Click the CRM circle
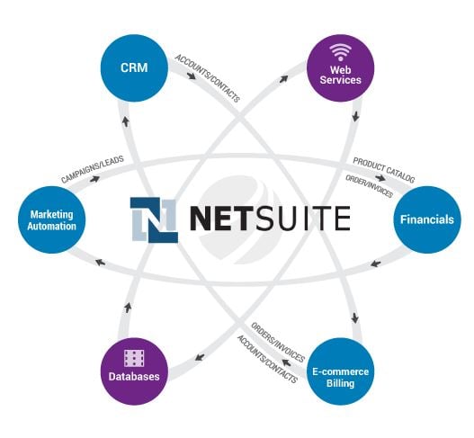pyautogui.click(x=134, y=68)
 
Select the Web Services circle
pyautogui.click(x=340, y=68)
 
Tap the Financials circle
pyautogui.click(x=427, y=219)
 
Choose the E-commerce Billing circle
pyautogui.click(x=340, y=371)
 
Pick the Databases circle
pyautogui.click(x=134, y=371)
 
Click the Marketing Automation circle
pyautogui.click(x=51, y=219)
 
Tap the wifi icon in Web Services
pyautogui.click(x=340, y=52)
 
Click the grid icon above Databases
pyautogui.click(x=134, y=358)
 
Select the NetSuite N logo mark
pyautogui.click(x=154, y=220)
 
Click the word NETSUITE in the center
pyautogui.click(x=270, y=219)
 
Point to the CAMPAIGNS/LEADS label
pyautogui.click(x=93, y=169)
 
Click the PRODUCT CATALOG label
pyautogui.click(x=384, y=170)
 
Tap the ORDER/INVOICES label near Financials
pyautogui.click(x=369, y=186)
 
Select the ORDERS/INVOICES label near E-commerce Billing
pyautogui.click(x=278, y=343)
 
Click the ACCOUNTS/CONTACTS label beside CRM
pyautogui.click(x=208, y=78)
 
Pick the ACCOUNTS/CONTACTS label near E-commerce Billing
pyautogui.click(x=267, y=359)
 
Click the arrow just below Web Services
pyautogui.click(x=356, y=116)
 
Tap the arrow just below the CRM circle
pyautogui.click(x=126, y=121)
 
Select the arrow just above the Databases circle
pyautogui.click(x=128, y=308)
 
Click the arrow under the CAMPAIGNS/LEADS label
pyautogui.click(x=94, y=179)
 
